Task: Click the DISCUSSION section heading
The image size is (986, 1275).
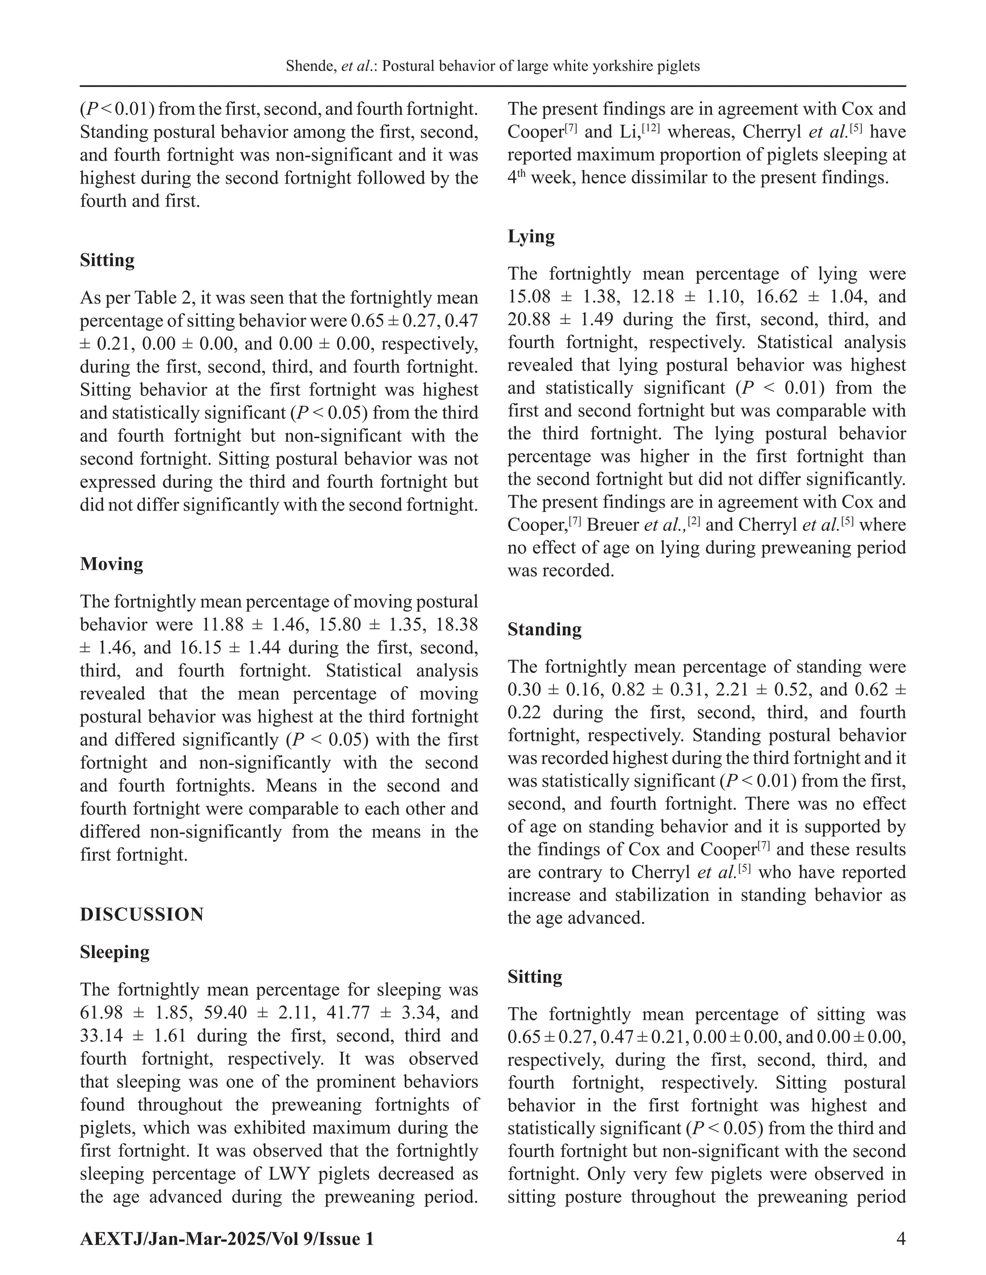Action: point(142,914)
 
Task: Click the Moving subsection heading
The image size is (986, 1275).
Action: point(112,564)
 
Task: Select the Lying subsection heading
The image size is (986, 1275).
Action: point(531,236)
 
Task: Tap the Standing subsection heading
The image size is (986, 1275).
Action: point(545,629)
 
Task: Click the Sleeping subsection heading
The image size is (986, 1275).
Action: point(115,952)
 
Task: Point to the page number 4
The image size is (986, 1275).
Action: point(900,1238)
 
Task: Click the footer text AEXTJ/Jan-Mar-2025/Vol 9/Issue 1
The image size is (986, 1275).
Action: point(227,1238)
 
